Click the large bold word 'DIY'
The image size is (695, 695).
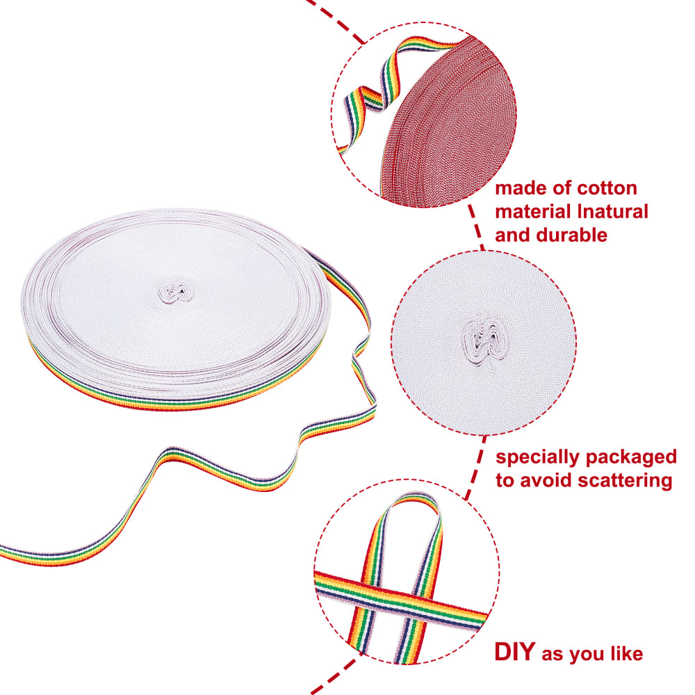click(x=515, y=652)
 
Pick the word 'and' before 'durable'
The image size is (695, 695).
click(x=513, y=235)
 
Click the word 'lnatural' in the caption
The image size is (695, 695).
click(x=612, y=212)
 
